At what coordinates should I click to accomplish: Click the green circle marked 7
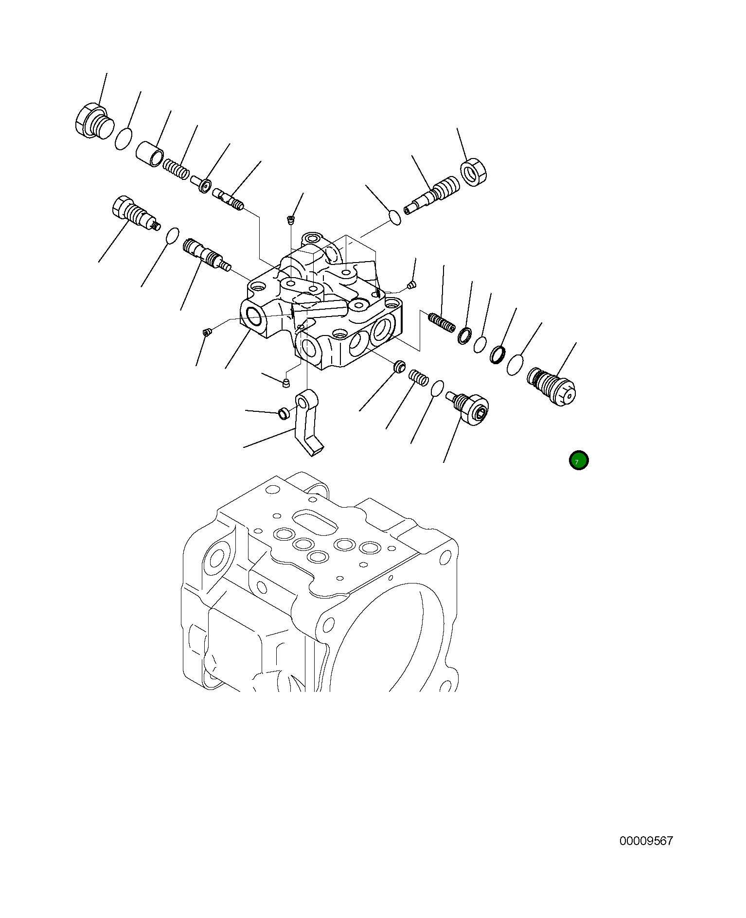coord(579,460)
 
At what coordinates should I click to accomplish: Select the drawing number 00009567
coord(646,841)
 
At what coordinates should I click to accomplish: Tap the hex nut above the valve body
coord(473,172)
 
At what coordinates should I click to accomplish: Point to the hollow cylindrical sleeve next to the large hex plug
coord(150,154)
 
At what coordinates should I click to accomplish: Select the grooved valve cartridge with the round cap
coord(551,386)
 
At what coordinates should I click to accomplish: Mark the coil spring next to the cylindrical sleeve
coord(176,168)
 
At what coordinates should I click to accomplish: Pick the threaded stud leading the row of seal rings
coord(442,322)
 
